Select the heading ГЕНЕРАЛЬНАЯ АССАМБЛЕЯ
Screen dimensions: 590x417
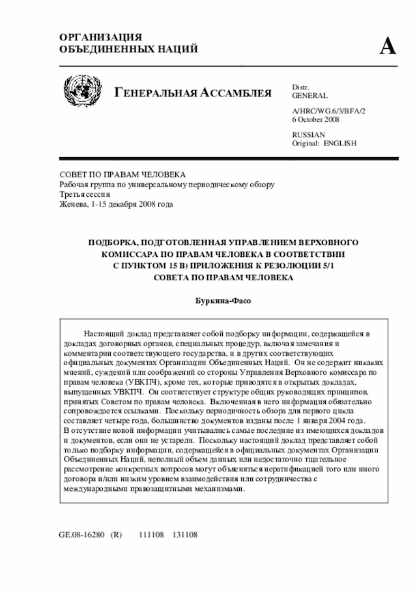click(194, 93)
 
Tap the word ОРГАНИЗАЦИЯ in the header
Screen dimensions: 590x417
click(100, 37)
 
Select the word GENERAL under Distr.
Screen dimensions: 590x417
click(310, 95)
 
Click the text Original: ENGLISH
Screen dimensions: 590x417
click(324, 143)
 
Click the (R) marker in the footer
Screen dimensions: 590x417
click(117, 534)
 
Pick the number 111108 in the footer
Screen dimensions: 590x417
click(152, 534)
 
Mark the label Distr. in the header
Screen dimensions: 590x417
click(300, 87)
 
